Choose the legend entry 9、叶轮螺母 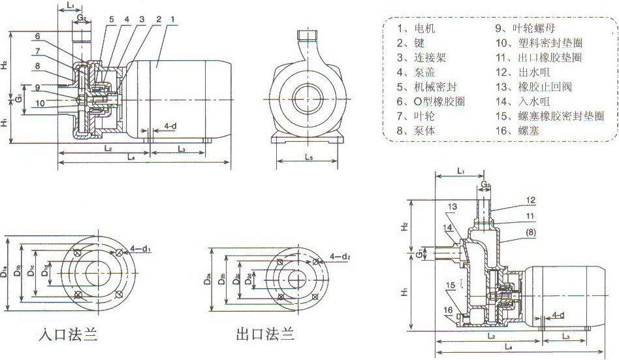click(x=526, y=29)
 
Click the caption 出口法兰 click(x=264, y=336)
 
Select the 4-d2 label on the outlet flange click(x=340, y=256)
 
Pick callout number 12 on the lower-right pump click(x=531, y=200)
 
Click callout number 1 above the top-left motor click(x=171, y=20)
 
